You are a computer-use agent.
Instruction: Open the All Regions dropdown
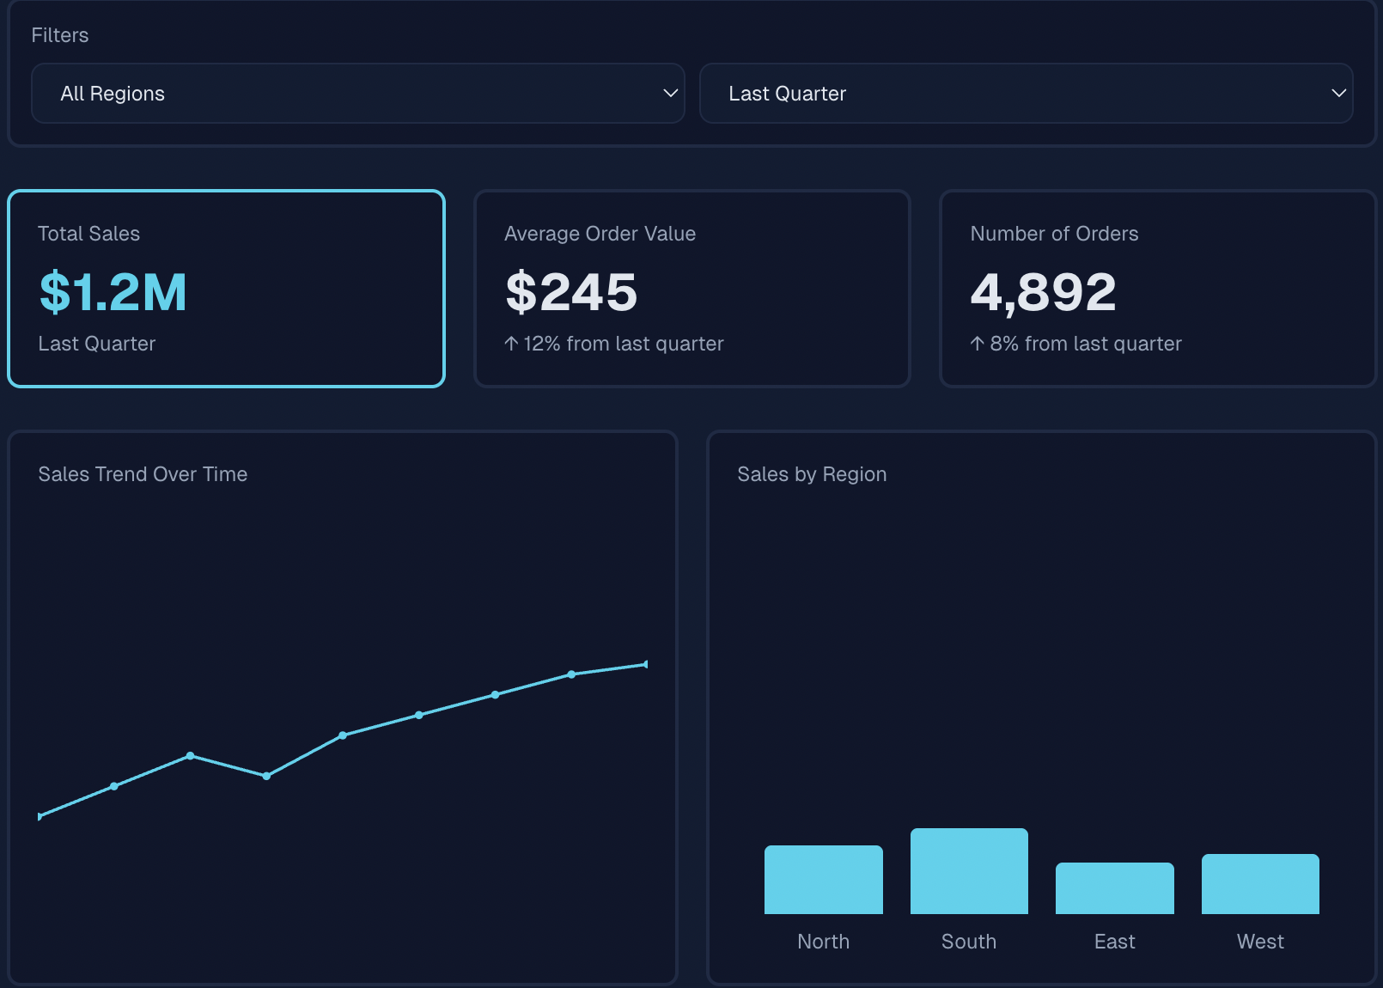[x=357, y=93]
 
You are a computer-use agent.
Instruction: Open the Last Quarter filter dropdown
[x=1026, y=93]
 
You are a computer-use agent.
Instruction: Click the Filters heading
[x=60, y=35]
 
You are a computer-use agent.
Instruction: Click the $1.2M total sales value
[x=113, y=292]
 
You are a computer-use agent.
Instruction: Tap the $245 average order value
[x=571, y=292]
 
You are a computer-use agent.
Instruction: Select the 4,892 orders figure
[x=1043, y=292]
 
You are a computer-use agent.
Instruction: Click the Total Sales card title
[x=88, y=234]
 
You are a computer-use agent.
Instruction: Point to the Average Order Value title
[x=600, y=234]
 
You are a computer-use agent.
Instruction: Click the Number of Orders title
[x=1054, y=234]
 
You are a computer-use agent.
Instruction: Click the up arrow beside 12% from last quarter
[x=511, y=344]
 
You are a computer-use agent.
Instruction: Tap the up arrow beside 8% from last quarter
[x=978, y=344]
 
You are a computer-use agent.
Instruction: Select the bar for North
[x=823, y=880]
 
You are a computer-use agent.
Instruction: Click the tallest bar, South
[x=969, y=871]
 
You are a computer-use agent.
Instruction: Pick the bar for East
[x=1114, y=888]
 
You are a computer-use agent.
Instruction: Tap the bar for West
[x=1260, y=884]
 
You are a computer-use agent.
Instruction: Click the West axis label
[x=1260, y=942]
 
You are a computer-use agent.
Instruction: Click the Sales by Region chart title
[x=812, y=474]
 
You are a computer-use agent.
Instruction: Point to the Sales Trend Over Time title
[x=143, y=474]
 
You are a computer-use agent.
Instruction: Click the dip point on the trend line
[x=266, y=776]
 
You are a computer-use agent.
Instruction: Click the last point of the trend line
[x=645, y=664]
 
